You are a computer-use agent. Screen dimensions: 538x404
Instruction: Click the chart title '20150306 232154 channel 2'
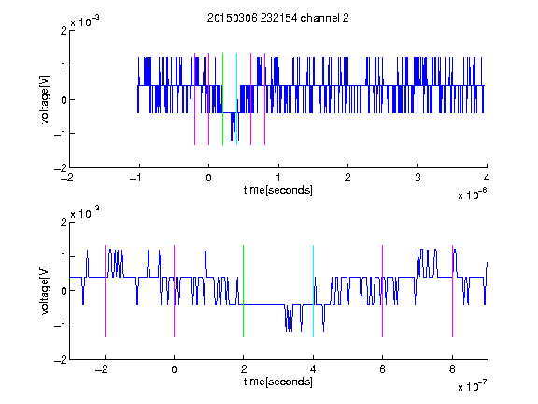tap(278, 18)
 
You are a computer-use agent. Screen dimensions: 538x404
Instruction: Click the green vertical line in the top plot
tap(222, 99)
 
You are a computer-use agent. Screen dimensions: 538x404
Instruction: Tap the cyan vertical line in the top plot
tap(236, 99)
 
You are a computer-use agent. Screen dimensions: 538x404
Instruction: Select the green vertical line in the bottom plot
tap(243, 291)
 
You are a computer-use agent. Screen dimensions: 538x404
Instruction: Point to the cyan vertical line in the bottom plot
tap(313, 291)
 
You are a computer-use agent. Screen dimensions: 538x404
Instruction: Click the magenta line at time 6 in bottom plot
tap(383, 291)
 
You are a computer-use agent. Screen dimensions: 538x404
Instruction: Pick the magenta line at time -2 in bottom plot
tap(105, 291)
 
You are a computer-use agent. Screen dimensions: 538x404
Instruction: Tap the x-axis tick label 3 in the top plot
tap(418, 178)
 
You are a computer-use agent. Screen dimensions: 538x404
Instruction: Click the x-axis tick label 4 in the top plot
tap(487, 178)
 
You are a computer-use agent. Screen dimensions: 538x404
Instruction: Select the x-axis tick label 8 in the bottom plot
tap(452, 369)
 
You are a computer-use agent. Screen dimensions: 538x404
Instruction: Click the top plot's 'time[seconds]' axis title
tap(278, 190)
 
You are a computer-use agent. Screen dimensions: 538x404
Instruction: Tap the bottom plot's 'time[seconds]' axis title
tap(278, 382)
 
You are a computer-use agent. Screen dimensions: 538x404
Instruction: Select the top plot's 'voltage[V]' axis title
tap(45, 99)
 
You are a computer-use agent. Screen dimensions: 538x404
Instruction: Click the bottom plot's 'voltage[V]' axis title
tap(45, 290)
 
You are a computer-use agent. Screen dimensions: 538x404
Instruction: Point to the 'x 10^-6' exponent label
tap(472, 195)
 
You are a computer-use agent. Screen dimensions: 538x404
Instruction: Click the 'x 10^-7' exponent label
tap(472, 386)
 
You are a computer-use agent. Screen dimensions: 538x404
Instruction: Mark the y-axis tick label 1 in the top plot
tap(64, 65)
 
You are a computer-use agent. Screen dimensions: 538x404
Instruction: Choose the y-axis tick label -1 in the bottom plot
tap(61, 325)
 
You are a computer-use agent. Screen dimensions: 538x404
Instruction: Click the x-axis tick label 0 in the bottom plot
tap(174, 369)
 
